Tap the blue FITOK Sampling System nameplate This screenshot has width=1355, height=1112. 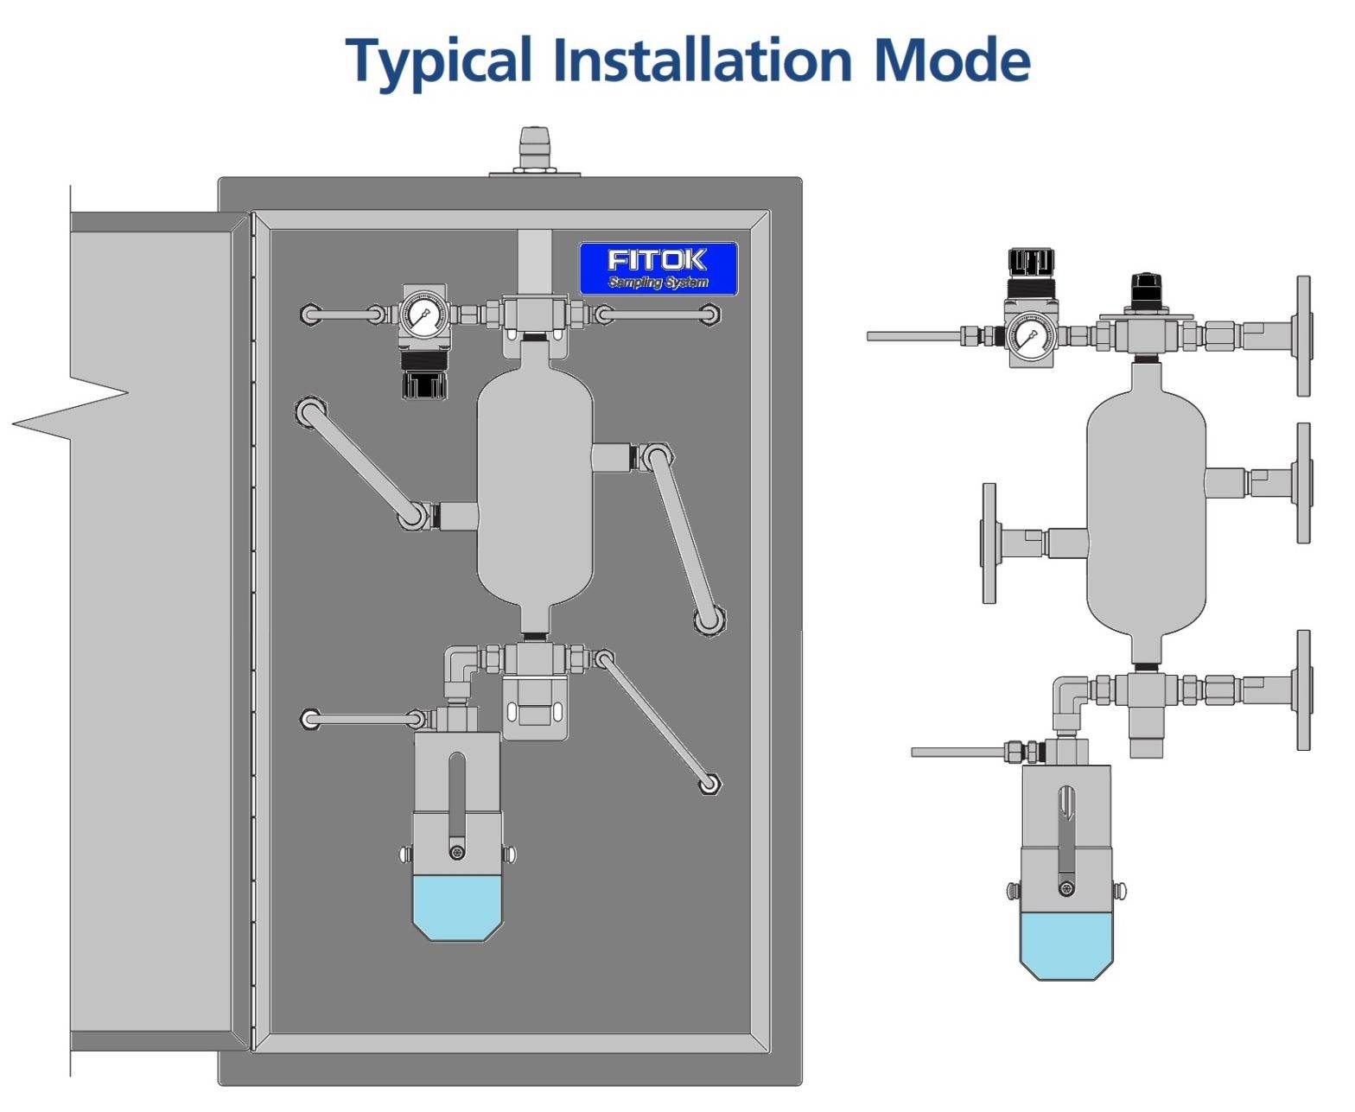point(658,268)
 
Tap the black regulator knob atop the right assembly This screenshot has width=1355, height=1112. point(1031,262)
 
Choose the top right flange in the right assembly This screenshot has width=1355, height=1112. point(1303,336)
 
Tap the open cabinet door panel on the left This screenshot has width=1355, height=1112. point(151,631)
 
